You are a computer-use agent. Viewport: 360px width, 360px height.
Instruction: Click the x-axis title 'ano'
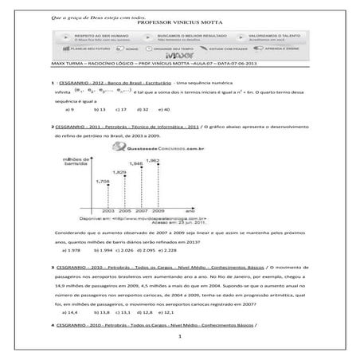[202, 210]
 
